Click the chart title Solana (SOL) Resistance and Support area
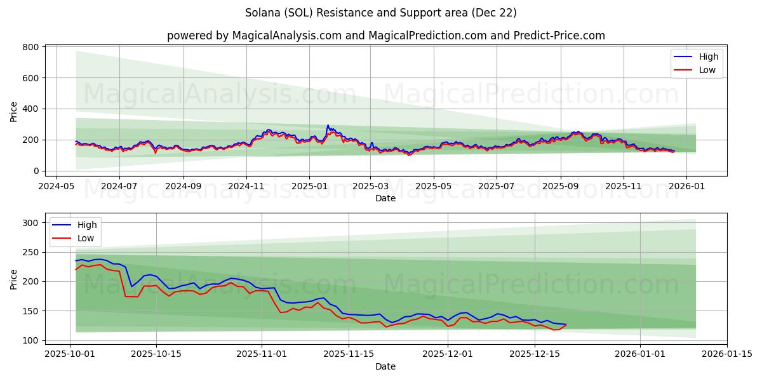(x=381, y=13)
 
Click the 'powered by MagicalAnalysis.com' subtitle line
(x=386, y=36)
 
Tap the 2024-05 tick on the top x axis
(x=57, y=187)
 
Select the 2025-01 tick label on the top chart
(x=309, y=187)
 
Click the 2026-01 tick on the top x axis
(x=686, y=187)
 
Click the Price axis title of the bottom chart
(x=14, y=279)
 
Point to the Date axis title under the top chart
(x=385, y=198)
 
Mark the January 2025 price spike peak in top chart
(x=328, y=126)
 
